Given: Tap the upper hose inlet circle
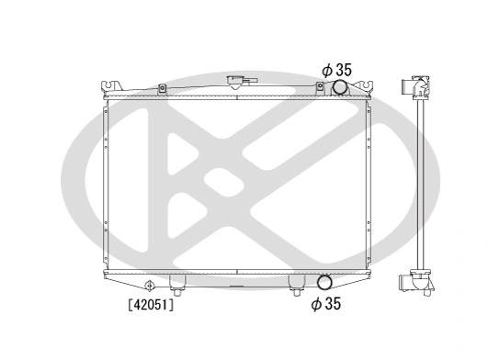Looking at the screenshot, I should click(339, 88).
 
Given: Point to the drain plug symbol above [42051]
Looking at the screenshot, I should click(149, 284).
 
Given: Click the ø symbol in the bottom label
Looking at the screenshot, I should click(316, 304).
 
